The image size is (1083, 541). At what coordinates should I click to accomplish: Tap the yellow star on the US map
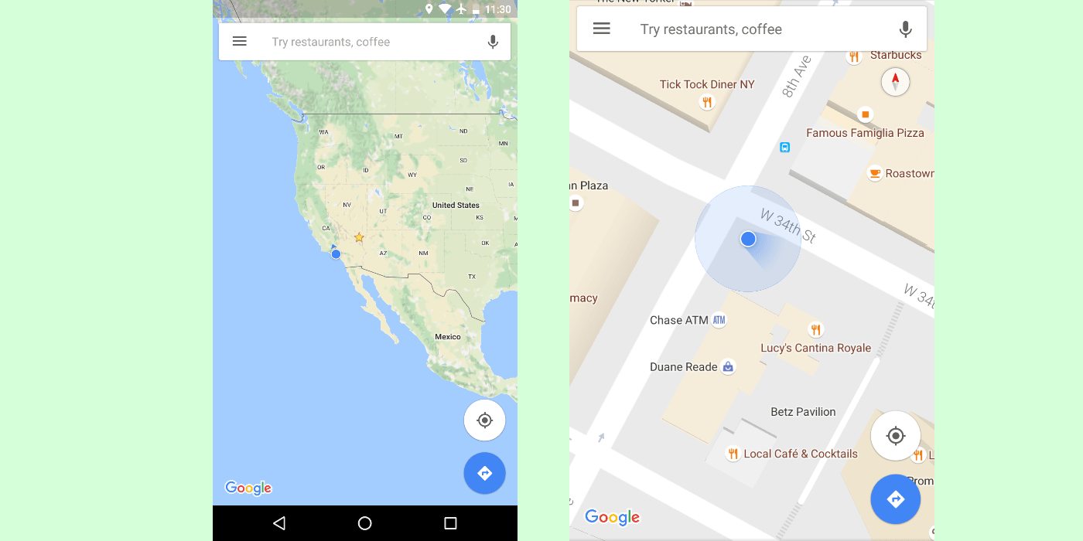[359, 237]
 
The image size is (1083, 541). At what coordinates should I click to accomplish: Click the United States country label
[456, 206]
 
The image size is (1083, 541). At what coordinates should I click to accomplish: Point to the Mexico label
[448, 337]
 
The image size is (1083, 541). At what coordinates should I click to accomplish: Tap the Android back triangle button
[279, 523]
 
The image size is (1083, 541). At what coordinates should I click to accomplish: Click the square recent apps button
[450, 523]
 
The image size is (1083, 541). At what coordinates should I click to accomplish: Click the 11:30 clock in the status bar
[497, 9]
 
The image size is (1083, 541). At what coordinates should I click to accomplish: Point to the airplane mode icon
[462, 9]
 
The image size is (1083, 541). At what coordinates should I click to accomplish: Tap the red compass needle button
[895, 81]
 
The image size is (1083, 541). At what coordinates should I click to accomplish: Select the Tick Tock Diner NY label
[707, 84]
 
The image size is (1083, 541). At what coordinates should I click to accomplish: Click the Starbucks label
[896, 55]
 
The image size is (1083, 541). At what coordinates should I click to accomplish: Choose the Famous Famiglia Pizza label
[865, 133]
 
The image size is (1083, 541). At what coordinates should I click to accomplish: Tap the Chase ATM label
[678, 320]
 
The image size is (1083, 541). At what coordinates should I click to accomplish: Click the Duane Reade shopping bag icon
[728, 367]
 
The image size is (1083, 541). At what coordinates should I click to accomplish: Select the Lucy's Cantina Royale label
[815, 348]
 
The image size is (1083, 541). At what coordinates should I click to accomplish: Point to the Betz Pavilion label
[803, 412]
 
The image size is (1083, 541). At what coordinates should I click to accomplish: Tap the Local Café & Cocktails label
[801, 454]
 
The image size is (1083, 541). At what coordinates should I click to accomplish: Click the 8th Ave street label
[797, 77]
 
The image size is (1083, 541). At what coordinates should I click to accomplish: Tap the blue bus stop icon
[784, 147]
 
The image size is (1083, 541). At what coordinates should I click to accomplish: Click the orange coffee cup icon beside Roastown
[875, 173]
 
